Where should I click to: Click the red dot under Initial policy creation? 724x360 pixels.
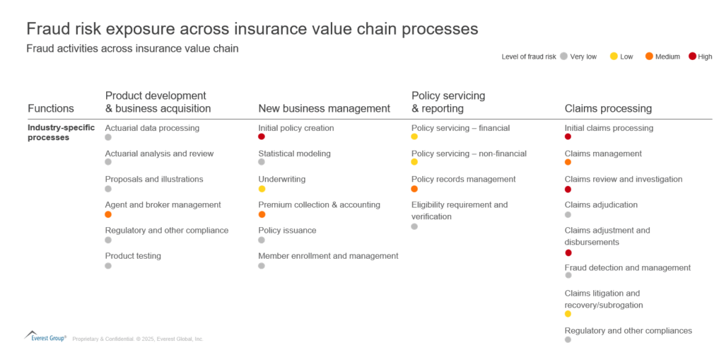(x=262, y=137)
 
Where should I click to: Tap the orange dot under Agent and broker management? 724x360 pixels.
(x=108, y=214)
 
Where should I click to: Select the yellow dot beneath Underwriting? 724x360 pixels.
(x=262, y=189)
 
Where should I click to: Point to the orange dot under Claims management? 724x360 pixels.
(x=568, y=163)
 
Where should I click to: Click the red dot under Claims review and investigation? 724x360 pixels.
(x=568, y=189)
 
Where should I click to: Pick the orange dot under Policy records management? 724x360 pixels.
(x=414, y=189)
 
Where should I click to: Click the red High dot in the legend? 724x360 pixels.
(x=692, y=56)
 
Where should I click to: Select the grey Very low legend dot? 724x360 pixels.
(x=564, y=56)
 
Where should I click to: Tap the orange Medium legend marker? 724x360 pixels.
(x=649, y=56)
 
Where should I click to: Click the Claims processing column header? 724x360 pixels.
(x=608, y=108)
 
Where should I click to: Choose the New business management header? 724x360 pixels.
(x=324, y=108)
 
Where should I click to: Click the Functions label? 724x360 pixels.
(x=51, y=108)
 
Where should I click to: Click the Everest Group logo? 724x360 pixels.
(x=46, y=337)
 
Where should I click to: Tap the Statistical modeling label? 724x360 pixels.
(x=294, y=153)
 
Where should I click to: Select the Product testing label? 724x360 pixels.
(x=133, y=255)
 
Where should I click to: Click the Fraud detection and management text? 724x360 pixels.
(x=627, y=267)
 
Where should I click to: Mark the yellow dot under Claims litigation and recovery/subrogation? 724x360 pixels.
(x=568, y=313)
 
